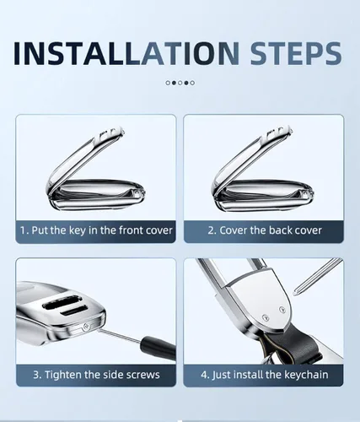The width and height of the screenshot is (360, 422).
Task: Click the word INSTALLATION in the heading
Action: (x=126, y=53)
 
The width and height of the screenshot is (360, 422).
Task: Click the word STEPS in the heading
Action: (x=296, y=53)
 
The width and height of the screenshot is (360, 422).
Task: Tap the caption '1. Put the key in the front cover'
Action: (x=96, y=230)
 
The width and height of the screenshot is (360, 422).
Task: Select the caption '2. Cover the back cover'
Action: (x=265, y=230)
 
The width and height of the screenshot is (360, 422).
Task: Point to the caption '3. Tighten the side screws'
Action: (x=96, y=375)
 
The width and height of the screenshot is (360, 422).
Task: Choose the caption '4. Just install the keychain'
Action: (x=265, y=375)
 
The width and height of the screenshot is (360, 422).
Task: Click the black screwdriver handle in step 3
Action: (x=159, y=348)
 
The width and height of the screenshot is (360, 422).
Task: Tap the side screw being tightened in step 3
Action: (x=86, y=327)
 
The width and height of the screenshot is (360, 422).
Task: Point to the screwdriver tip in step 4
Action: (x=295, y=293)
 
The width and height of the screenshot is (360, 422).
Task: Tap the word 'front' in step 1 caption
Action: (x=130, y=230)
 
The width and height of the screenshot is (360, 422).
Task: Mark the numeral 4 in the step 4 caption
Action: (x=204, y=375)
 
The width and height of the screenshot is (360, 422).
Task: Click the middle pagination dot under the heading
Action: (x=180, y=83)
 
